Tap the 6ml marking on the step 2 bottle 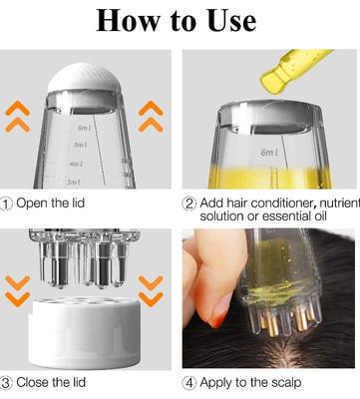pyautogui.click(x=268, y=152)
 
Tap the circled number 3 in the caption pyautogui.click(x=8, y=381)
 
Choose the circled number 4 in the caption pyautogui.click(x=189, y=381)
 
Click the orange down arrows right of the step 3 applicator pyautogui.click(x=151, y=289)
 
